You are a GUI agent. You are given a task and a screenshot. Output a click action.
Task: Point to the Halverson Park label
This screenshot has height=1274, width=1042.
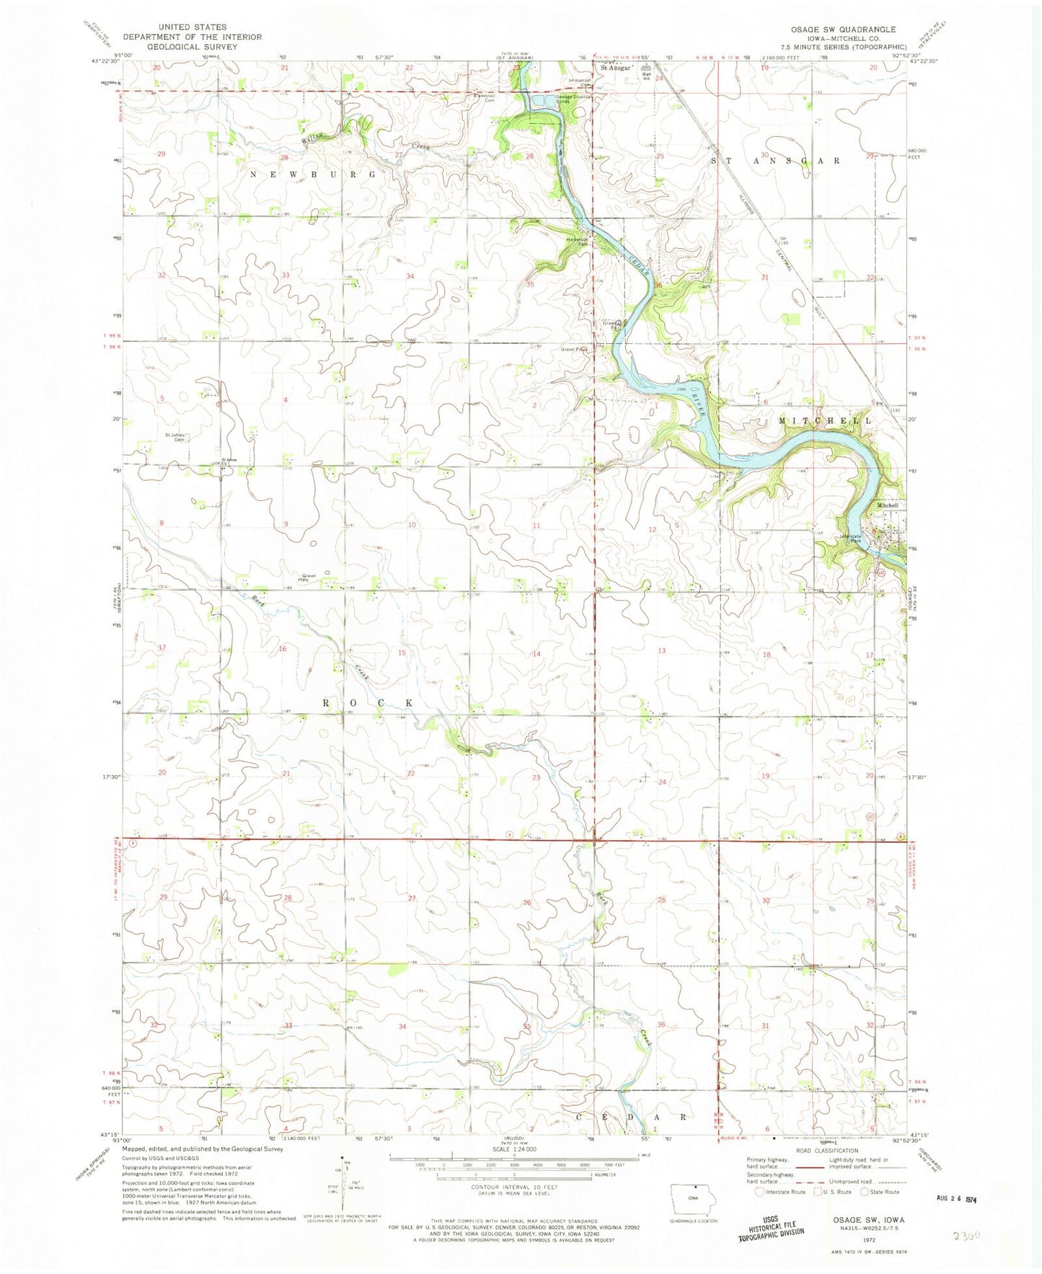[579, 243]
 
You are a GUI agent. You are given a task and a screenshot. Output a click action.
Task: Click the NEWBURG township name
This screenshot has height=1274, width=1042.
[312, 174]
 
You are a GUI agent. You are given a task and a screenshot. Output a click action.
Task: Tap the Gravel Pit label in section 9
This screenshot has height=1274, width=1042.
[310, 577]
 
